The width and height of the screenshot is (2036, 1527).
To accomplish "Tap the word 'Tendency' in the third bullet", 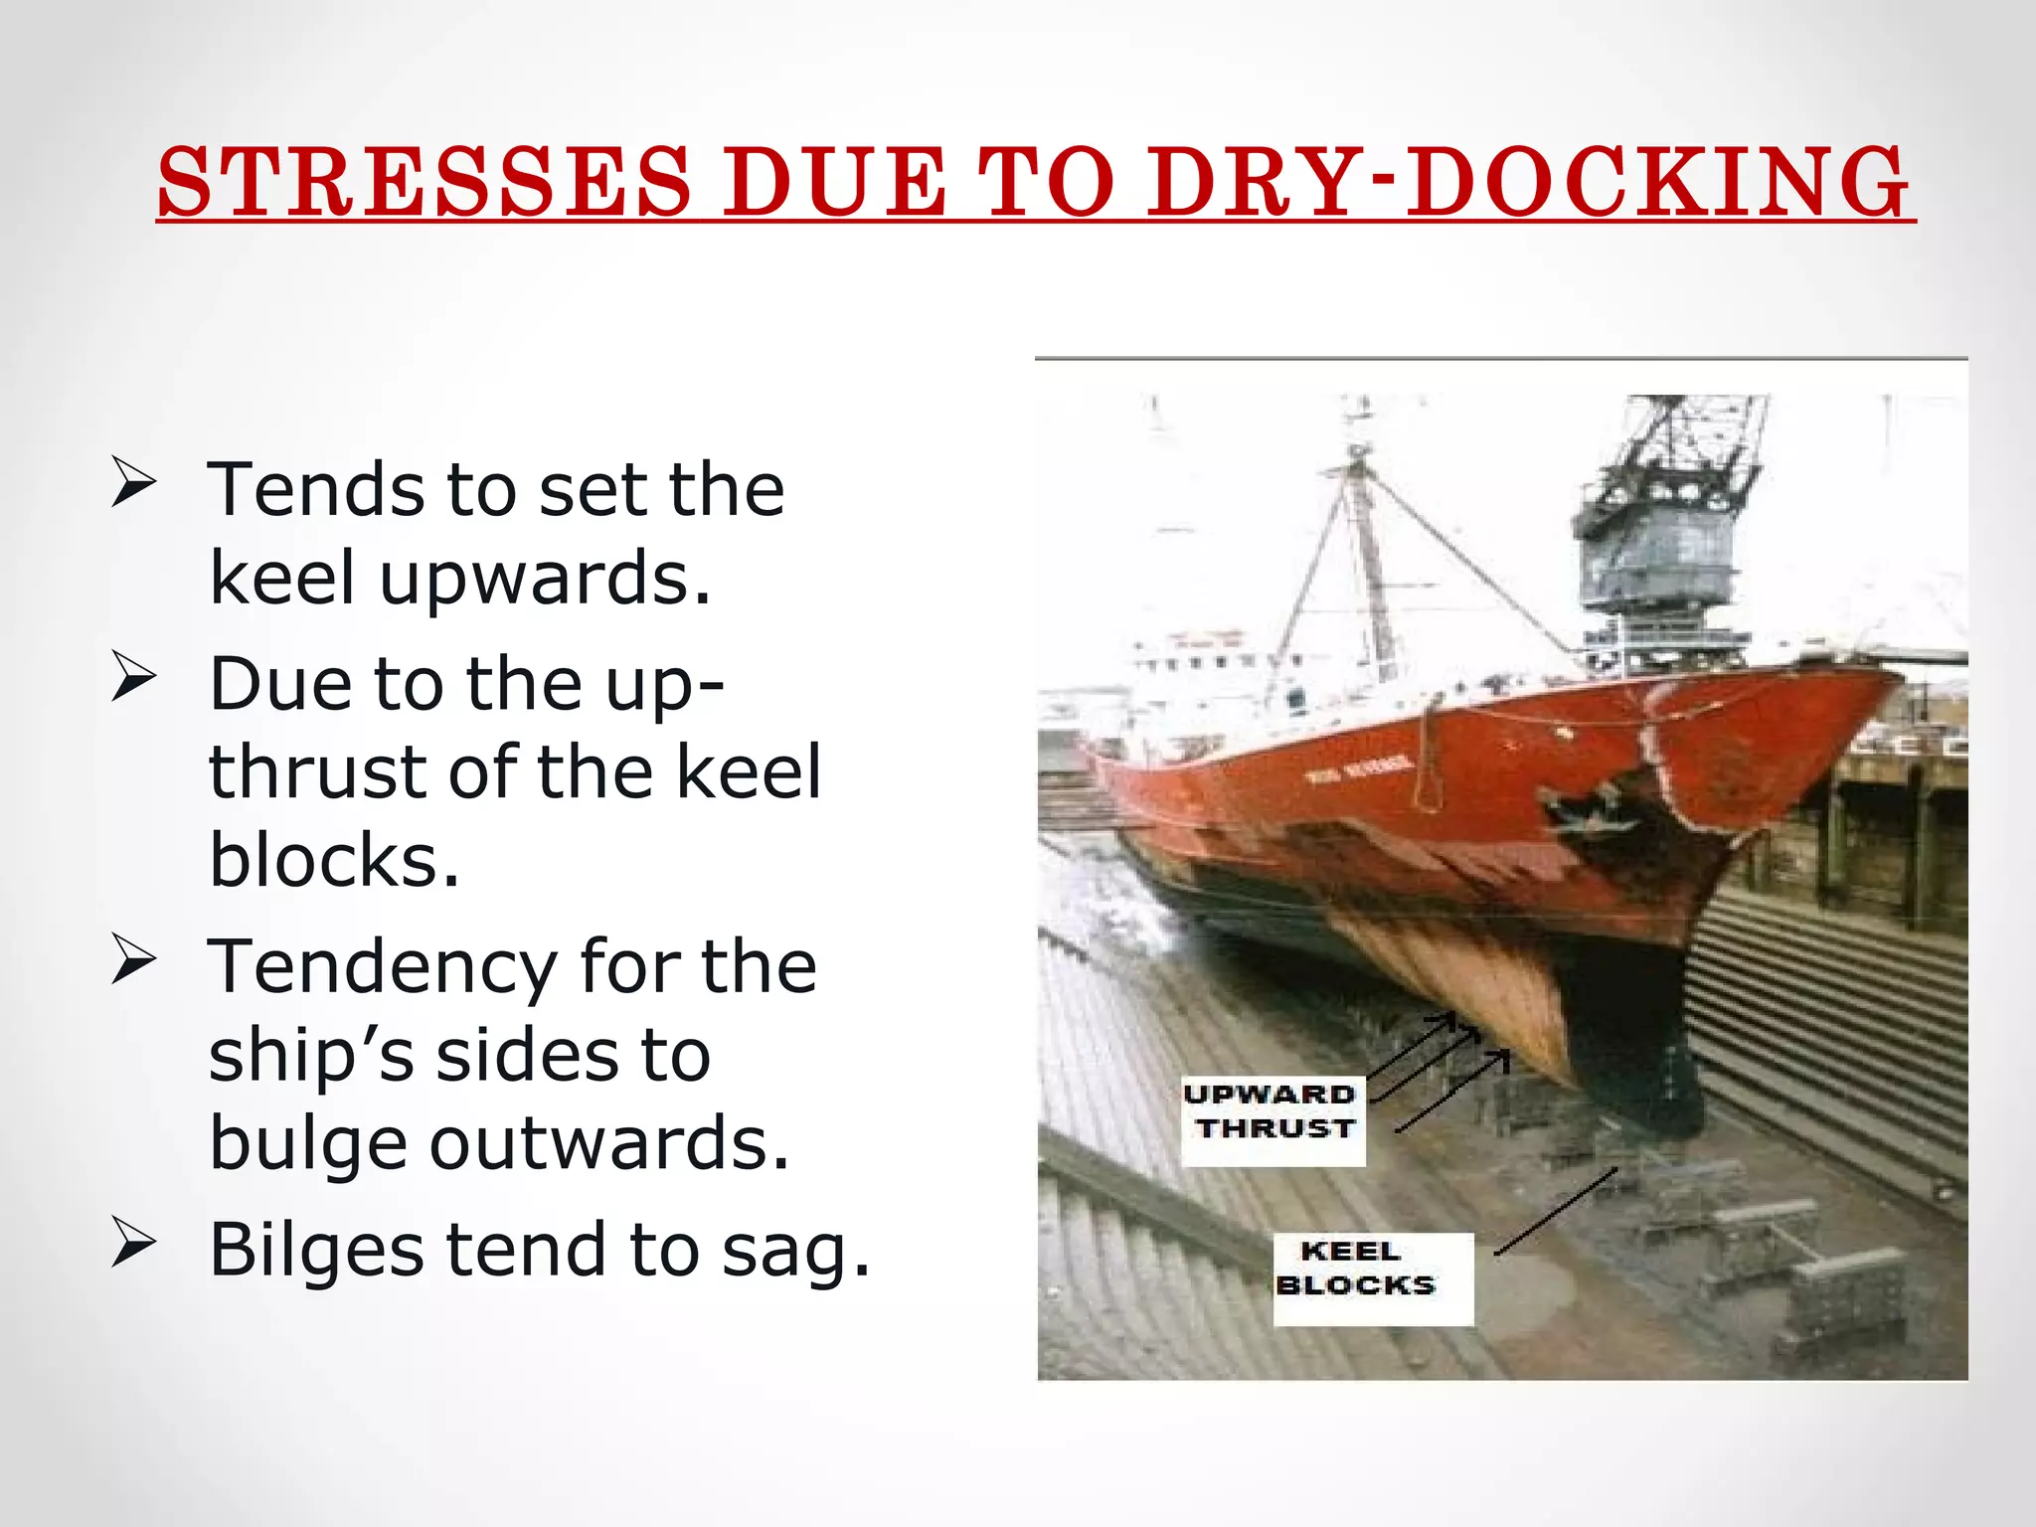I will [x=382, y=968].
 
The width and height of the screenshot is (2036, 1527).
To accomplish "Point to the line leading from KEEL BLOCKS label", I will [x=1556, y=1212].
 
